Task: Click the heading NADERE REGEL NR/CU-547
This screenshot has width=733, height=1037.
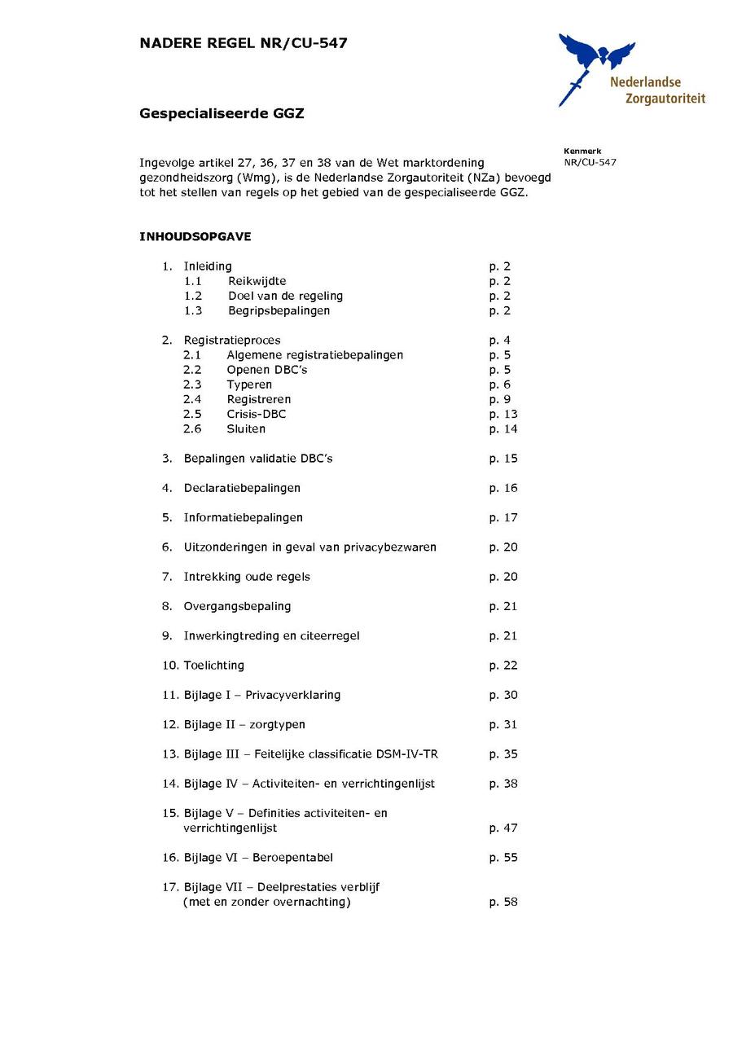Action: [x=244, y=43]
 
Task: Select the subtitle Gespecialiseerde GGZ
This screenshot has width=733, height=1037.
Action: [x=222, y=114]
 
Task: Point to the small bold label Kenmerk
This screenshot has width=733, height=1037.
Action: [x=582, y=151]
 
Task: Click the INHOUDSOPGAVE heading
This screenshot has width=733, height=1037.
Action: [x=195, y=237]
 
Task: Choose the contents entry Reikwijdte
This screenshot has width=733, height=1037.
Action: [x=257, y=281]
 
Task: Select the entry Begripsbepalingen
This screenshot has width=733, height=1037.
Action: [x=279, y=310]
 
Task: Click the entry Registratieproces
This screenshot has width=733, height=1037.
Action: [x=232, y=341]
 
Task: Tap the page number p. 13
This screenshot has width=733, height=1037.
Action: [x=503, y=414]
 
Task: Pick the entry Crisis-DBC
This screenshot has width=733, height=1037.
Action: [x=257, y=414]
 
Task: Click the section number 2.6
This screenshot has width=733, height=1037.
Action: [x=192, y=428]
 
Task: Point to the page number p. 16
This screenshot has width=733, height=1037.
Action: [x=503, y=488]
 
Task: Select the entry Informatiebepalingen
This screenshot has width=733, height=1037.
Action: [x=243, y=517]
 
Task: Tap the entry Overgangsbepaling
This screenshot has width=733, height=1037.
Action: [x=237, y=606]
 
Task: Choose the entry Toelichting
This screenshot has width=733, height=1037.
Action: [x=213, y=666]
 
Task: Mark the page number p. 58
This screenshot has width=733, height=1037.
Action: [x=503, y=902]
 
